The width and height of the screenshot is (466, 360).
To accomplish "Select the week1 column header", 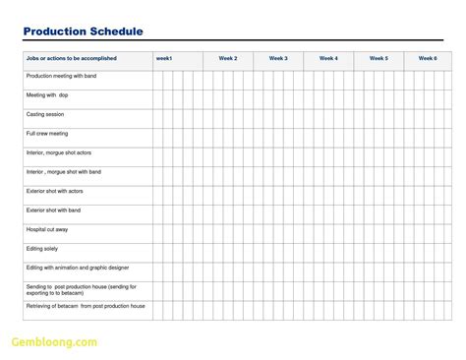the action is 164,59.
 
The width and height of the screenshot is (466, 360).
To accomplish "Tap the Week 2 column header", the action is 228,59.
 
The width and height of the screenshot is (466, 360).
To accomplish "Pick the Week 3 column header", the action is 278,59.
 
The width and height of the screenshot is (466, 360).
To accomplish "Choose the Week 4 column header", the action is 328,59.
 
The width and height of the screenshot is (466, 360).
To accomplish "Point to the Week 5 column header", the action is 379,59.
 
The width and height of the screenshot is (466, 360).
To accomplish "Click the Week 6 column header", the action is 428,59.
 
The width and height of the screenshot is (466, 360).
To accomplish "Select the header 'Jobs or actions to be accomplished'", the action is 71,59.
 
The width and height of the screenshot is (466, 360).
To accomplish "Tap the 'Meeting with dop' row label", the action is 47,95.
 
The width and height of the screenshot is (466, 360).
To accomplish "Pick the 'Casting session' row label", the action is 45,114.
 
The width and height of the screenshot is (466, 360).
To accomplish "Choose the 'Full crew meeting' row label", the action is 47,134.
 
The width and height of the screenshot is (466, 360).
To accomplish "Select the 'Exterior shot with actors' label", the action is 55,191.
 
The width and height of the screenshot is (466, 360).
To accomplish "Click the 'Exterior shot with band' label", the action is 53,210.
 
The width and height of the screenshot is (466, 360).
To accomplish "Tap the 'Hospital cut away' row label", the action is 47,229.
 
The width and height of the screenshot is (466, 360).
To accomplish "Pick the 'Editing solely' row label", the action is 41,248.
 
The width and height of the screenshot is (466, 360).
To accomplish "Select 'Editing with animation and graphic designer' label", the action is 78,268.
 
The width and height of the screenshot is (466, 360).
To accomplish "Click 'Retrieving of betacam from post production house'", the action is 86,306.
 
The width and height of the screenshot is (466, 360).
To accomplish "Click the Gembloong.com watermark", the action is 54,343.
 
